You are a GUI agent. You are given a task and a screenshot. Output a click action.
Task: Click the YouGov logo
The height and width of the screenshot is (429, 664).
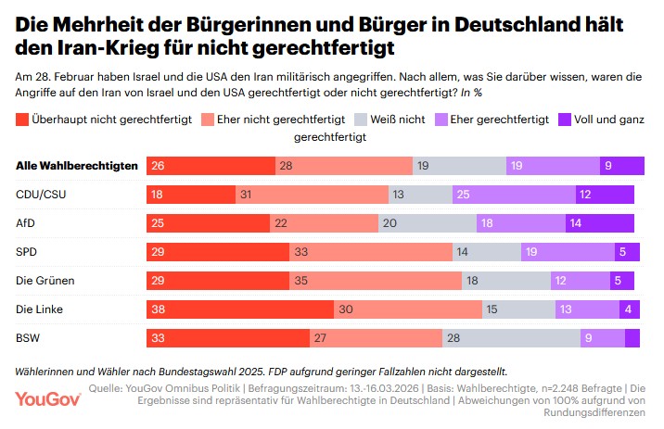(48, 399)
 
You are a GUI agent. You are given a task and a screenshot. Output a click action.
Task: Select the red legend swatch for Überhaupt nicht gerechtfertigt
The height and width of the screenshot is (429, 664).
(23, 118)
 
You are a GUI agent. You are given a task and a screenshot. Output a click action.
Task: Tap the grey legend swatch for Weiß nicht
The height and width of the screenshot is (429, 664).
(363, 118)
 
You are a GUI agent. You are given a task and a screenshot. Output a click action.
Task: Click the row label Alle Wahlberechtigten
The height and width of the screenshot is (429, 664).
(77, 166)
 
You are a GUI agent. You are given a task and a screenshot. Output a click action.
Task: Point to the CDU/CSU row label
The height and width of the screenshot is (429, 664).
(44, 195)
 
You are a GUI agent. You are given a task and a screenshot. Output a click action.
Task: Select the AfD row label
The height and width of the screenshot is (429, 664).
(28, 223)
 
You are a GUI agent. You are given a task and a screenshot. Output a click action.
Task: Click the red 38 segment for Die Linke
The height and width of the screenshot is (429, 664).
(240, 309)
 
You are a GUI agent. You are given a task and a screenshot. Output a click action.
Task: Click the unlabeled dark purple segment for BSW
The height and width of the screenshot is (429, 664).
(632, 338)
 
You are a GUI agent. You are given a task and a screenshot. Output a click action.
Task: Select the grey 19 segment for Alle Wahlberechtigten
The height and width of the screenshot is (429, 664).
(460, 166)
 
